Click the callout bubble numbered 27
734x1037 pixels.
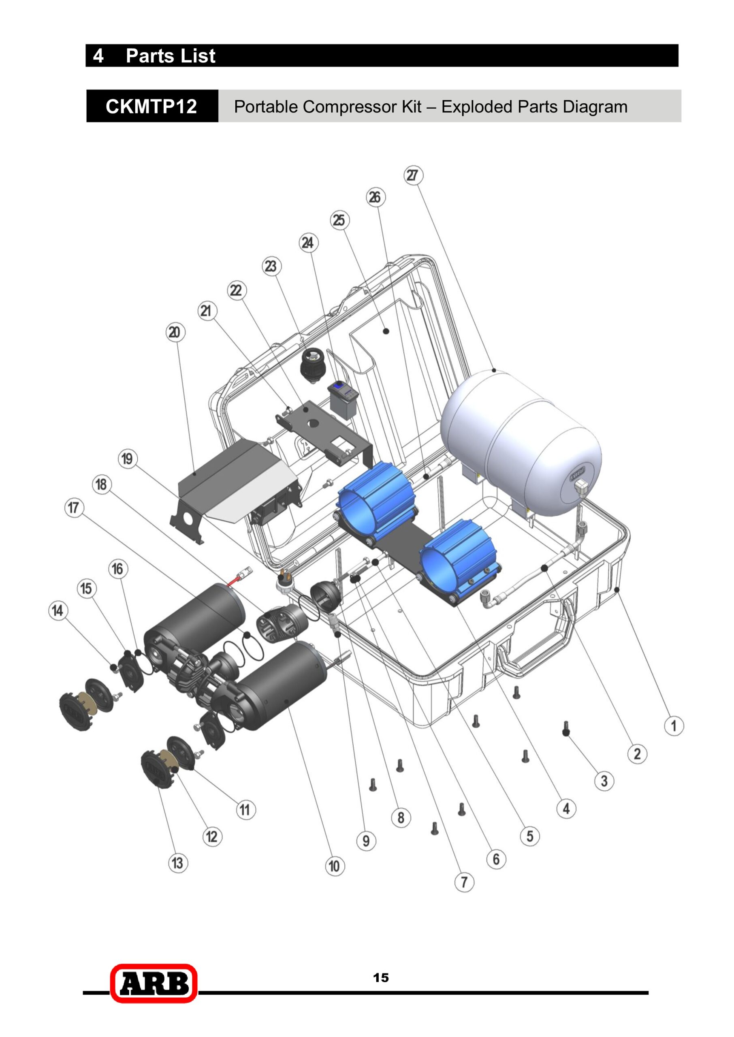tap(413, 175)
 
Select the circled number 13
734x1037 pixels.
tap(177, 863)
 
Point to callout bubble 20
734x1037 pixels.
tap(175, 333)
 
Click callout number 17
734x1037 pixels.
tap(74, 508)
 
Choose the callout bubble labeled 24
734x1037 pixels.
tap(308, 243)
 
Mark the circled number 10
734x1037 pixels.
tap(335, 866)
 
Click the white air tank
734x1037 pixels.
tap(521, 442)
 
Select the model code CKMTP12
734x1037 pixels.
tap(151, 107)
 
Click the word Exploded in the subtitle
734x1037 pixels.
tap(477, 107)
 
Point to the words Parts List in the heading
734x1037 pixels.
tap(171, 56)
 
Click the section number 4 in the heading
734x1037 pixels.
tap(98, 56)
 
